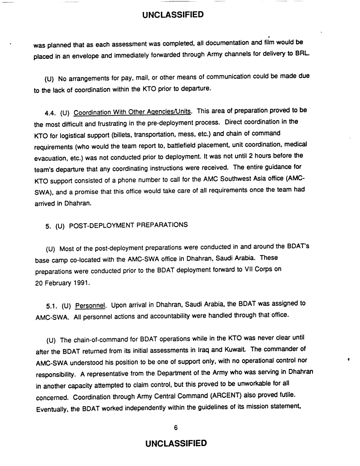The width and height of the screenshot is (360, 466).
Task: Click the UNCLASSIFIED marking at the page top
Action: [x=173, y=15]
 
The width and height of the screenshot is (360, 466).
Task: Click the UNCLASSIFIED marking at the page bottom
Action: [x=175, y=443]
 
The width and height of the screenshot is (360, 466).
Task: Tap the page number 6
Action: [x=175, y=427]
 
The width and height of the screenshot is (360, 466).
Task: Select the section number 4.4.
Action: [x=51, y=112]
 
